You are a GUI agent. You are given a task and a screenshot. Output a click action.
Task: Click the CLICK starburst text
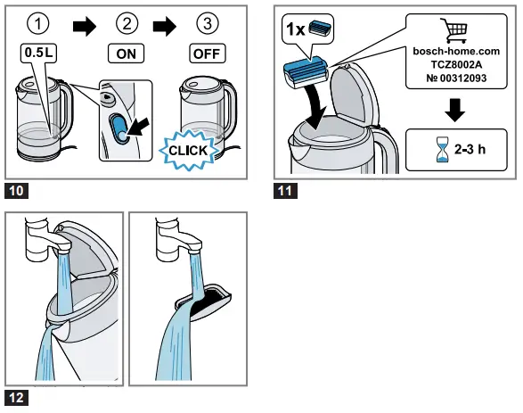pyautogui.click(x=186, y=150)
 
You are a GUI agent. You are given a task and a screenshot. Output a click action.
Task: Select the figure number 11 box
pyautogui.click(x=285, y=191)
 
